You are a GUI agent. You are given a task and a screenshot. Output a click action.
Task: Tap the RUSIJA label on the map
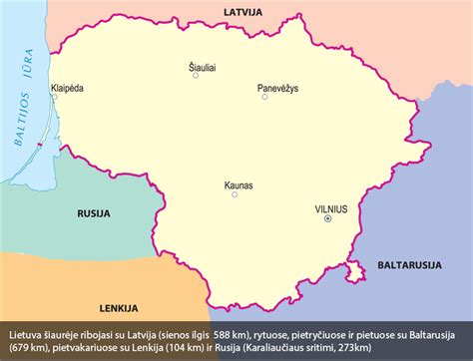coord(93,212)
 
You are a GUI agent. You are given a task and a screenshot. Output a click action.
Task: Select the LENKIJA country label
coord(118,307)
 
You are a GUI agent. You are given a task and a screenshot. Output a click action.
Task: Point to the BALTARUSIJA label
coord(410,264)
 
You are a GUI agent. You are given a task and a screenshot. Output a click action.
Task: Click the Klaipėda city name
coord(67,89)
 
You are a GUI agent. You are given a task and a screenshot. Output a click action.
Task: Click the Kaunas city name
coord(236,184)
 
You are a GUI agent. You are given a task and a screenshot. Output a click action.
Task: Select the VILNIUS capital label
coord(330,209)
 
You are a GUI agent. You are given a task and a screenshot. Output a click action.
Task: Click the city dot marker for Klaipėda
coord(54,99)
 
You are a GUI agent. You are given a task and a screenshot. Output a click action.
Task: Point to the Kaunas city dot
coord(235,195)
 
